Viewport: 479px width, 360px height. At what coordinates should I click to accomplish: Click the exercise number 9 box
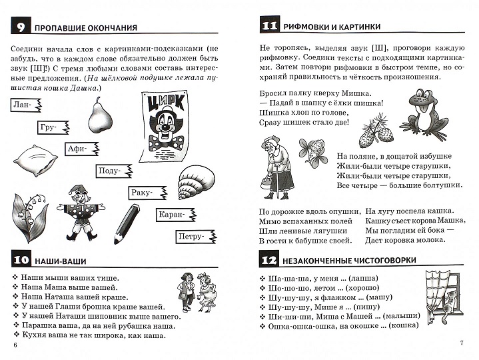click(21, 27)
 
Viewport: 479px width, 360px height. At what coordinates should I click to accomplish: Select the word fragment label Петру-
click(193, 236)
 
